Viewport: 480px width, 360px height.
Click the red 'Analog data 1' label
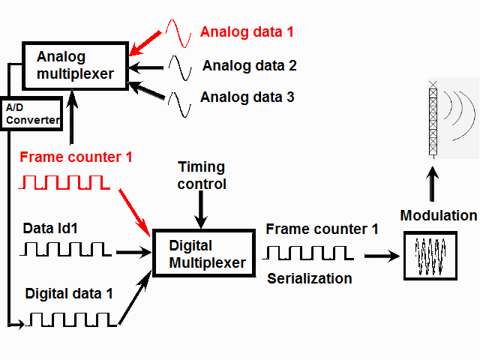247,32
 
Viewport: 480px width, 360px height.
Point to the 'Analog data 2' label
250,66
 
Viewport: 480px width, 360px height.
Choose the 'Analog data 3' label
247,97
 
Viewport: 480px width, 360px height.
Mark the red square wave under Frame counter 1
66,182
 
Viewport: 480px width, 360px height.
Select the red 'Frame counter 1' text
76,157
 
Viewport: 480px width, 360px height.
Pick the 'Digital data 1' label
69,293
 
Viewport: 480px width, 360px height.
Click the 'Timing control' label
201,175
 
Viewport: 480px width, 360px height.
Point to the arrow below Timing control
200,208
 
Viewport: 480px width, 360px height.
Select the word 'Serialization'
310,278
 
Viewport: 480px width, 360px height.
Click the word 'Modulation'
438,216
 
